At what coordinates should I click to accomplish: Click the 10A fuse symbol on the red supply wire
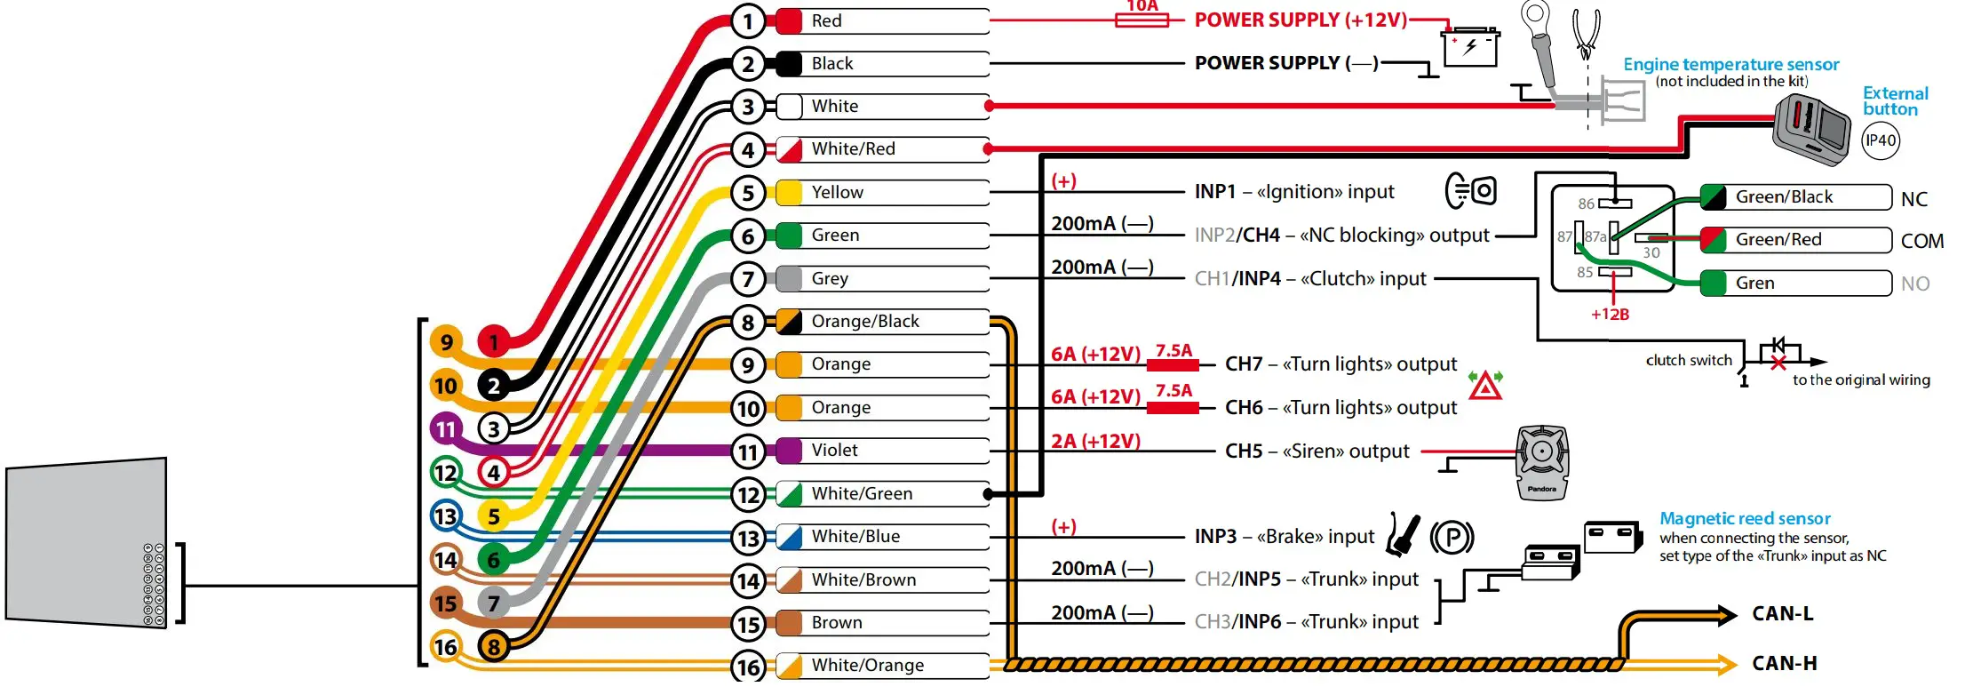1142,19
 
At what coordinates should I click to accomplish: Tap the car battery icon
1470,46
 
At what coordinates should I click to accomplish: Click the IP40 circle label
1881,140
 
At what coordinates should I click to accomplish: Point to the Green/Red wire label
1778,240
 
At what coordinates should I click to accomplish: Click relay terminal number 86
1587,204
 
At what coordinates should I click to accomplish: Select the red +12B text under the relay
1610,315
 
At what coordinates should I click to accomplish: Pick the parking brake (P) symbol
1452,538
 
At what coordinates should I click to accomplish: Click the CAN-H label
1785,664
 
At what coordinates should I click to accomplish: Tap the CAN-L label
1783,614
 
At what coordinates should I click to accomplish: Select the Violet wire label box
834,451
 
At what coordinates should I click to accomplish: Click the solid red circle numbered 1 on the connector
494,342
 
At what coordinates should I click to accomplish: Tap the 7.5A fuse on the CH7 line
1173,364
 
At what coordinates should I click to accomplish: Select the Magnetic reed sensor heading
1745,519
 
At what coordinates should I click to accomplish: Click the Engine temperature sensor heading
1730,65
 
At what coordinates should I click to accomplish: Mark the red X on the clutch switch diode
1778,363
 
